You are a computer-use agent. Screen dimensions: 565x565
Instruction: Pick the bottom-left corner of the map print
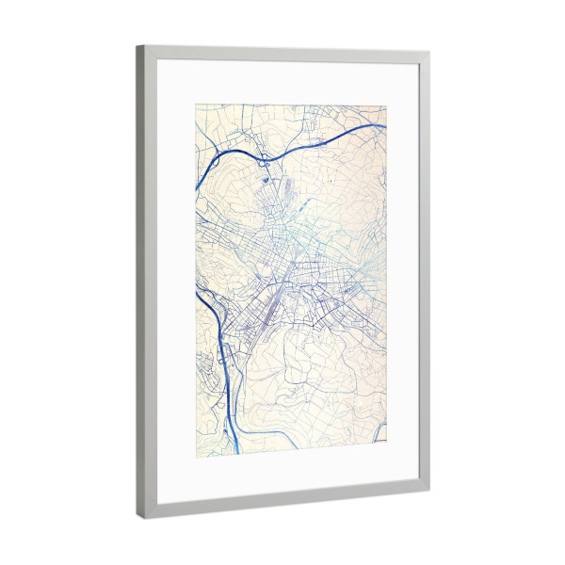195,455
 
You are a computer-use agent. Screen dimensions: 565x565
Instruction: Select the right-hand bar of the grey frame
424,282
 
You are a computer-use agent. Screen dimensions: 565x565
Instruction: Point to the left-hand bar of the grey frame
141,282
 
